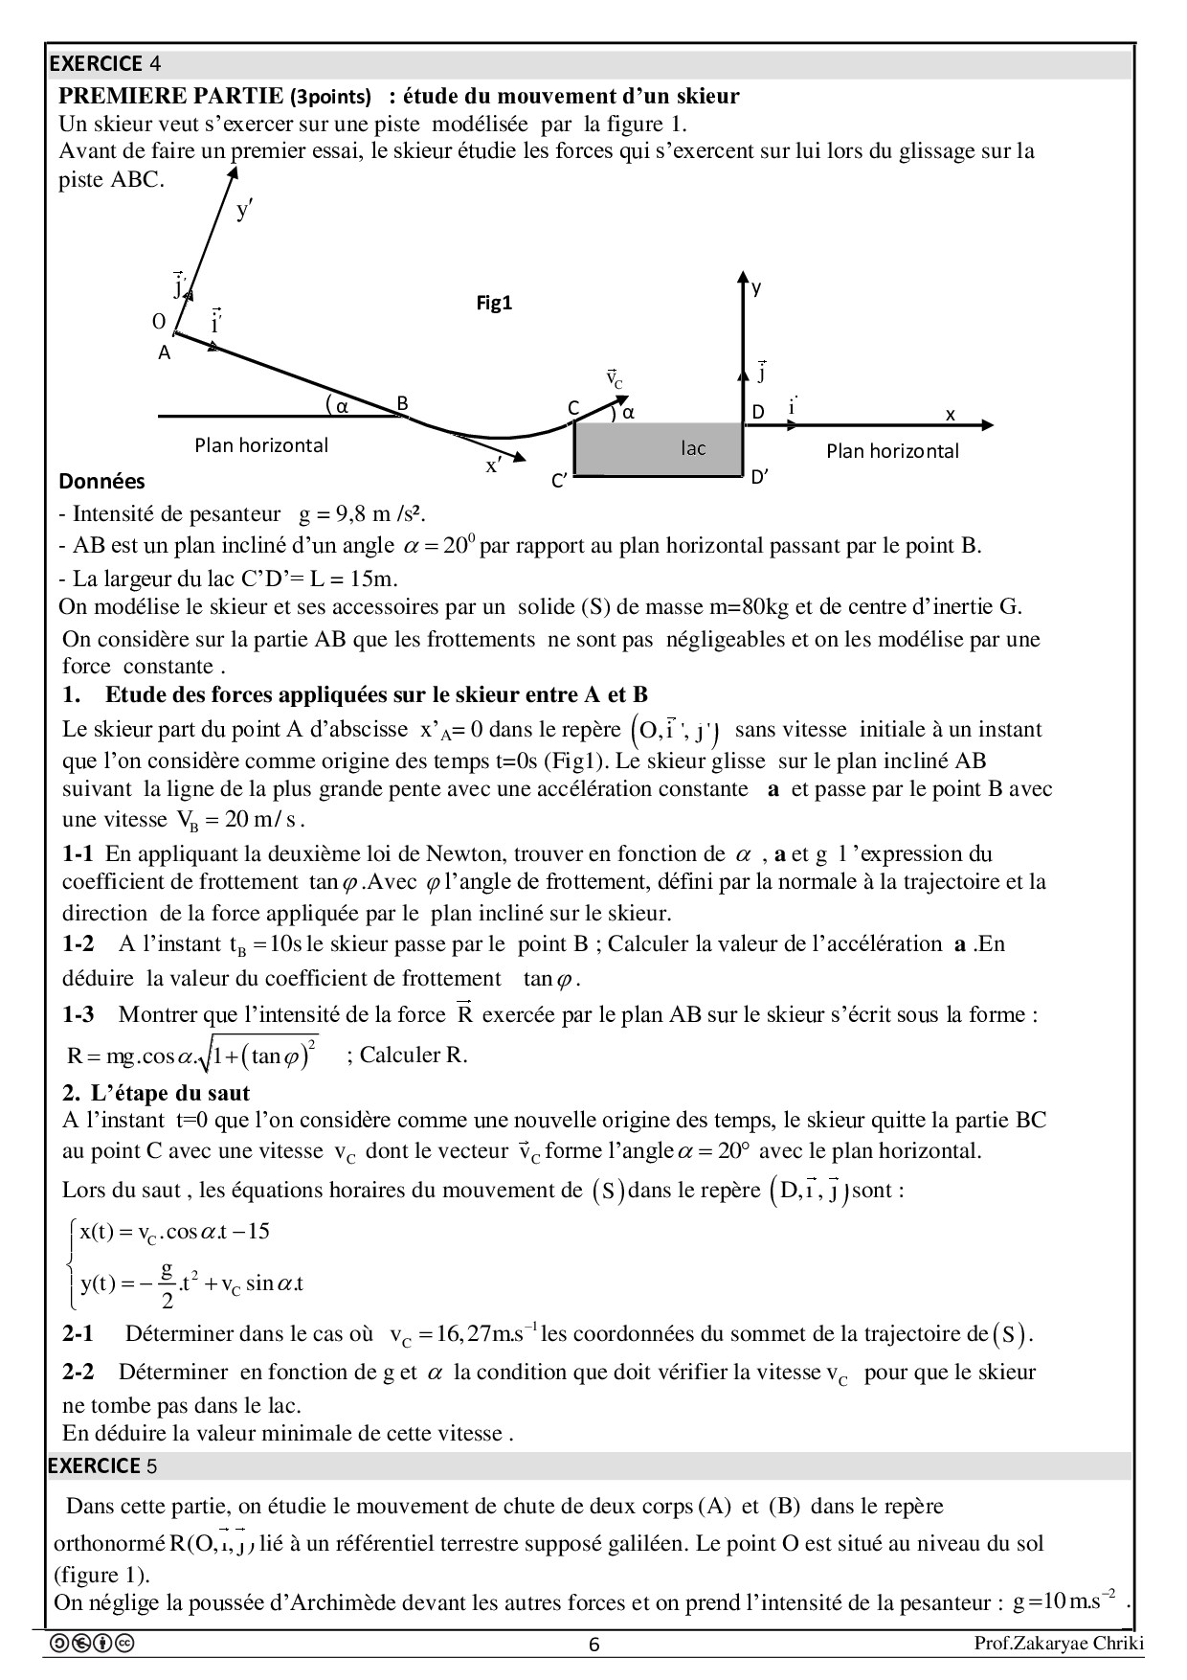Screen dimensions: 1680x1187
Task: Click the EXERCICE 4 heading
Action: pos(104,64)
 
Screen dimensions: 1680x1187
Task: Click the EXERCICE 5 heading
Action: pos(104,1466)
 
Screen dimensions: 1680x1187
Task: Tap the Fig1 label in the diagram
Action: pos(495,304)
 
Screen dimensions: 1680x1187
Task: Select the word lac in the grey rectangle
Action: pos(693,447)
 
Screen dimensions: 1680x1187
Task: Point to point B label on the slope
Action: pos(403,403)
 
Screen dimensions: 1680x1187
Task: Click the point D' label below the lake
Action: pos(759,476)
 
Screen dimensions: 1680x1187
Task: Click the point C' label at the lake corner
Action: pos(560,481)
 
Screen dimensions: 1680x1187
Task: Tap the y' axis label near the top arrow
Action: pos(244,210)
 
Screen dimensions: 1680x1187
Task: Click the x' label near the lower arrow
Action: pos(494,466)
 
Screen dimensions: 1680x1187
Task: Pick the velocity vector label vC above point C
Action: pos(614,378)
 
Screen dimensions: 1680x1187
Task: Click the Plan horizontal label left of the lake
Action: pos(261,445)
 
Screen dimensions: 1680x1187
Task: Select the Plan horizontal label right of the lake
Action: pos(892,451)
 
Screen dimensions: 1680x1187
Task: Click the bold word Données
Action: pos(101,481)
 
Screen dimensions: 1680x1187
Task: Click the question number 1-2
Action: pos(78,944)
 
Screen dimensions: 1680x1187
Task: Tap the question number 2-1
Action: pos(78,1333)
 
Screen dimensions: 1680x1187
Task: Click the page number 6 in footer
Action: pos(593,1646)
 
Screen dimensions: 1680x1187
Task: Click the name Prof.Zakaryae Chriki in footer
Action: pos(1058,1645)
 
